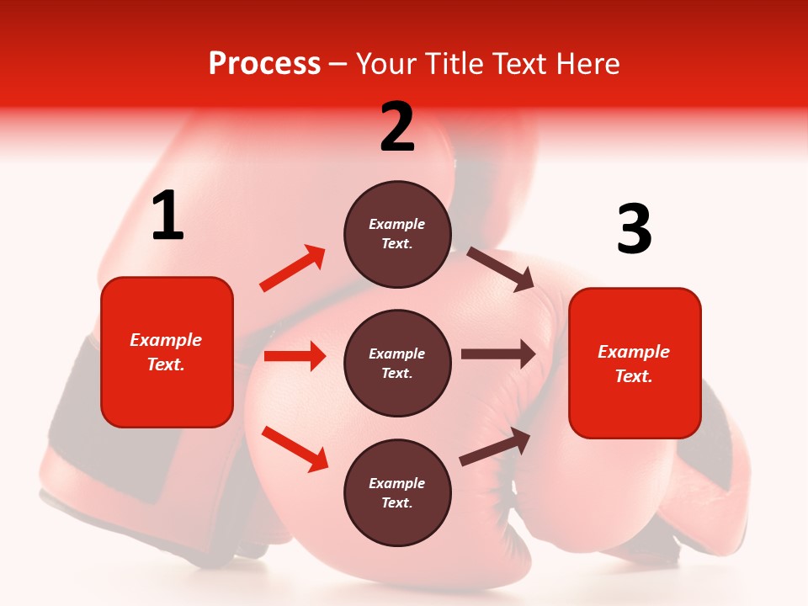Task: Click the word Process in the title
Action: pyautogui.click(x=264, y=64)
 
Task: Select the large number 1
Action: pyautogui.click(x=167, y=215)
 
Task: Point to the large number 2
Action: pyautogui.click(x=397, y=127)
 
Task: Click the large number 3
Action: pyautogui.click(x=634, y=229)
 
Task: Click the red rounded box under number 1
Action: pyautogui.click(x=167, y=352)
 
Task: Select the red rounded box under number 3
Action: pyautogui.click(x=635, y=363)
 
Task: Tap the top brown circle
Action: pyautogui.click(x=397, y=234)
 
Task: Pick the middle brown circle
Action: pyautogui.click(x=397, y=363)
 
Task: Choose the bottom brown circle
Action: pyautogui.click(x=397, y=492)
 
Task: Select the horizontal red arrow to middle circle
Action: pyautogui.click(x=295, y=356)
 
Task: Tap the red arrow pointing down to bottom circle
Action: pyautogui.click(x=295, y=449)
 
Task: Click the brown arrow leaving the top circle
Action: pyautogui.click(x=501, y=268)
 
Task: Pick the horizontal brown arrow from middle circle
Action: pyautogui.click(x=497, y=354)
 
